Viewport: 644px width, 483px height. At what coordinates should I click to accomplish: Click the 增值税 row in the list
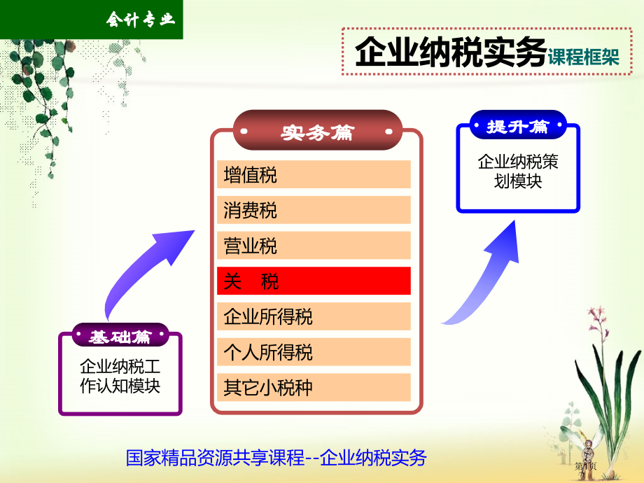tap(313, 174)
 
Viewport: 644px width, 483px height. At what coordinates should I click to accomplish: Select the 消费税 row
tap(313, 210)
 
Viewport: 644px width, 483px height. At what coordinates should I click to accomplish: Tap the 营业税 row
tap(313, 246)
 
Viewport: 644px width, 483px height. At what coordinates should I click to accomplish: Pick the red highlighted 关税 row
tap(313, 281)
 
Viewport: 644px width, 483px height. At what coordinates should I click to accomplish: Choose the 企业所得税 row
tap(313, 316)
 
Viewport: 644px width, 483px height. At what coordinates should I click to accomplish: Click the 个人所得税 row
tap(313, 352)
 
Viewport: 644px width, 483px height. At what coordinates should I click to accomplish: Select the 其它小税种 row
tap(313, 387)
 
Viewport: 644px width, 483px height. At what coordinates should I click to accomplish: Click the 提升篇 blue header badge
tap(517, 126)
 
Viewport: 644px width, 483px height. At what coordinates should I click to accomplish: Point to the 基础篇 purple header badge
tap(120, 336)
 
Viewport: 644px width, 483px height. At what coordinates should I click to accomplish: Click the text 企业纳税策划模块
tap(518, 171)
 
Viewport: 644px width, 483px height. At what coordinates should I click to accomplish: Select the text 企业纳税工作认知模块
tap(120, 377)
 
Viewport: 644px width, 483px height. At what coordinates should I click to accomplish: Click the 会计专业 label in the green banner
tap(139, 20)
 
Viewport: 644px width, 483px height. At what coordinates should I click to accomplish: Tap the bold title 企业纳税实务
tap(449, 52)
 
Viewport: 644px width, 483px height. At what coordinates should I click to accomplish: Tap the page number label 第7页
tap(585, 465)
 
